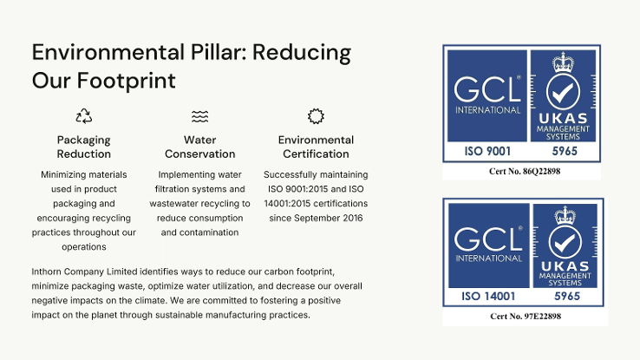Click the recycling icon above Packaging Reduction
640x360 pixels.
83,116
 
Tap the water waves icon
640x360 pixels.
200,116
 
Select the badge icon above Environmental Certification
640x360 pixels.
316,116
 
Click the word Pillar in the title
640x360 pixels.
217,52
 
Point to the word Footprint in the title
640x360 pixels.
126,80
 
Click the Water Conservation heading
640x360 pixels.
200,147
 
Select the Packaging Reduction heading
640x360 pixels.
83,147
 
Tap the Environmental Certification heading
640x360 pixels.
316,147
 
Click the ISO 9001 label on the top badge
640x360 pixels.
487,152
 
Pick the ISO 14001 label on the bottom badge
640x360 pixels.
488,297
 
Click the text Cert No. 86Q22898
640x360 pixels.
525,172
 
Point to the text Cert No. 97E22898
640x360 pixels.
526,317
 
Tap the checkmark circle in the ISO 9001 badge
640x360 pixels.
563,92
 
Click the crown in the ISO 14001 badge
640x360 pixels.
565,215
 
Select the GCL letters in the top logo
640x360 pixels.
487,89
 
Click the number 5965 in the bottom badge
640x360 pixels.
567,297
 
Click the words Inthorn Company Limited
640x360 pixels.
84,272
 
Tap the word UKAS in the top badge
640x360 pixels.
564,118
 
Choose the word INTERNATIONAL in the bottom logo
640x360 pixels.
488,259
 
